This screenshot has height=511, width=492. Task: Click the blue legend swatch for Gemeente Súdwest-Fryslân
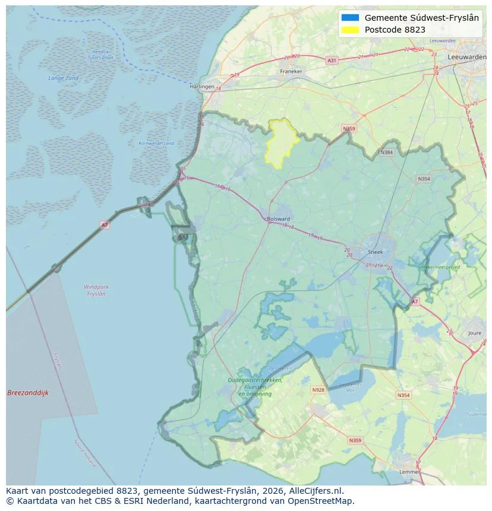(x=351, y=18)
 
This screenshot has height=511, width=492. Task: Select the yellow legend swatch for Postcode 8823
(x=351, y=30)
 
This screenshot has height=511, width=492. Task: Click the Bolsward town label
(x=279, y=219)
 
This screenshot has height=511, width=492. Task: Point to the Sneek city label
(x=376, y=252)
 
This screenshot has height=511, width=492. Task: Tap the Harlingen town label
(x=202, y=87)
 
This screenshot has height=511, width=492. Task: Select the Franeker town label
(x=291, y=71)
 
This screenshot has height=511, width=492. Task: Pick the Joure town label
(x=475, y=334)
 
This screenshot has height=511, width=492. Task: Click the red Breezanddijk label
(x=28, y=393)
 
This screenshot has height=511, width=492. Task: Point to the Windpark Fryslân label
(x=96, y=290)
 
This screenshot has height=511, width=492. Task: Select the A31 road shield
(x=332, y=61)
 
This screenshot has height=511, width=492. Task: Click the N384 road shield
(x=387, y=153)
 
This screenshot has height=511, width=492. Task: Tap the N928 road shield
(x=318, y=390)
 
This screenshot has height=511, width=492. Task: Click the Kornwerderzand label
(x=156, y=143)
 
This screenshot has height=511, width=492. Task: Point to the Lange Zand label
(x=63, y=78)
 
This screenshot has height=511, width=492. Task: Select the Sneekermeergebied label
(x=439, y=268)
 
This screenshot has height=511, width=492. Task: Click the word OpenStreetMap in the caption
(x=326, y=501)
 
